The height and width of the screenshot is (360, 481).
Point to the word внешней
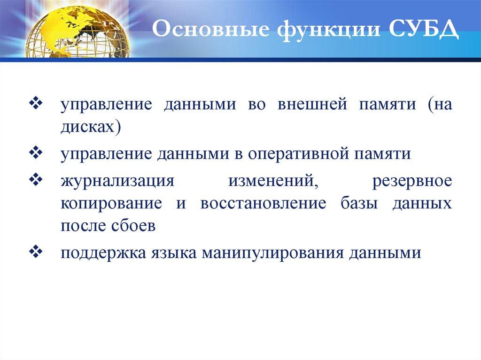[x=312, y=104]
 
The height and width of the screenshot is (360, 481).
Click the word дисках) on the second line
[x=91, y=126]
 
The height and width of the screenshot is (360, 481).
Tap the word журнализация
[x=117, y=180]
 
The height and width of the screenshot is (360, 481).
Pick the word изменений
[x=273, y=181]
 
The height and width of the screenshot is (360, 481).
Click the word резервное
[x=412, y=181]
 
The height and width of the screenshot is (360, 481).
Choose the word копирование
[x=111, y=204]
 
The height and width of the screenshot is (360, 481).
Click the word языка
[x=173, y=253]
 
